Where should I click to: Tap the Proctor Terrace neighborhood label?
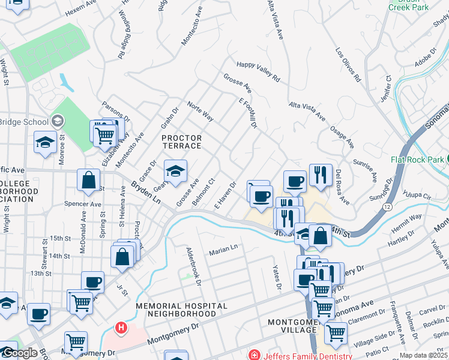(x=182, y=142)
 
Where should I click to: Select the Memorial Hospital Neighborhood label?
(x=181, y=310)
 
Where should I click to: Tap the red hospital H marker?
(x=121, y=328)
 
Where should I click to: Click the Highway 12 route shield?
(x=385, y=206)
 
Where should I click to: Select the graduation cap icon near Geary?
(x=175, y=171)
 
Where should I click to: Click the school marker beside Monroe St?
(x=45, y=142)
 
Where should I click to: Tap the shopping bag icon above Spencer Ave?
(x=88, y=179)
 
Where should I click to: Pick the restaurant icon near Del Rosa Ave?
(x=321, y=175)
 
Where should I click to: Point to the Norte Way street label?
(x=200, y=112)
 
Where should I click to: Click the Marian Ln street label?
(x=223, y=249)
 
